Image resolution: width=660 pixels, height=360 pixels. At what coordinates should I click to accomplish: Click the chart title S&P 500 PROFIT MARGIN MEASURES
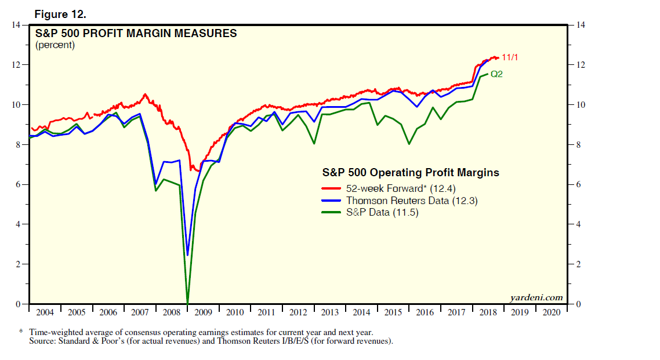click(136, 34)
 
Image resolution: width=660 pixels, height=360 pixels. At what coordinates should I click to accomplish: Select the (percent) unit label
click(55, 45)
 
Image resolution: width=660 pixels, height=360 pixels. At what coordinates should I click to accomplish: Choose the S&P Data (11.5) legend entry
click(382, 213)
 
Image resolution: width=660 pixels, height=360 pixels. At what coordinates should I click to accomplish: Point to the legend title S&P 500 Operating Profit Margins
click(411, 172)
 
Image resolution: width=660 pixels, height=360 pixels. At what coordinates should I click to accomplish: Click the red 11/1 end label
click(510, 57)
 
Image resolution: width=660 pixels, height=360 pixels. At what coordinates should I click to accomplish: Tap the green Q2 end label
click(497, 74)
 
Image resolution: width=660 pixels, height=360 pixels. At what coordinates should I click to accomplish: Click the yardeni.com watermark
click(536, 297)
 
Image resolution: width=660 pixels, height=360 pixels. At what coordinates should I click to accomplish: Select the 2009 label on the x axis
click(203, 312)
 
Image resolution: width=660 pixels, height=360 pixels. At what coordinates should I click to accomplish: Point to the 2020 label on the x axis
click(552, 312)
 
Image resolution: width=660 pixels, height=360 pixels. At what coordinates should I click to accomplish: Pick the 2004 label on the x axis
click(45, 312)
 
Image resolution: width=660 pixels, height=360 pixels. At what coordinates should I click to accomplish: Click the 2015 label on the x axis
click(393, 312)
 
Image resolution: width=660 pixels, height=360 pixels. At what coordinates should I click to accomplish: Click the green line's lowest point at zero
click(187, 303)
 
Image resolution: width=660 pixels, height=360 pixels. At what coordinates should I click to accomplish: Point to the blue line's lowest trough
click(187, 254)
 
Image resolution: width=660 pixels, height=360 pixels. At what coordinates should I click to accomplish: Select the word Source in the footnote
click(42, 341)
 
